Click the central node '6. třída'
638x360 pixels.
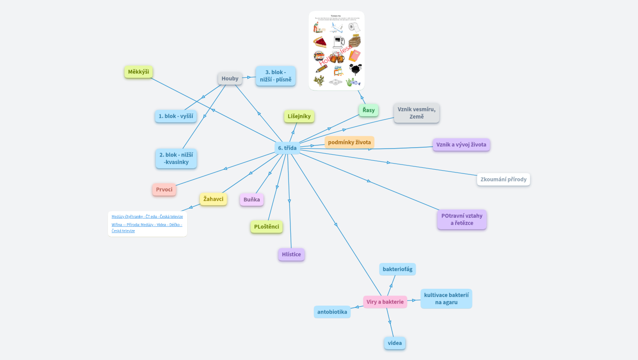[x=287, y=148]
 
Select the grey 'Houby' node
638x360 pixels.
[x=230, y=79]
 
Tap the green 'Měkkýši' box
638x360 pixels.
[x=138, y=72]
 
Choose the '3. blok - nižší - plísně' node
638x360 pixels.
[x=275, y=76]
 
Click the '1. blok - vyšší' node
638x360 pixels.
[x=176, y=116]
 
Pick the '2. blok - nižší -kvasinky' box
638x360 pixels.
[x=176, y=158]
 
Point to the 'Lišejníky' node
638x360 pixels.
[x=299, y=116]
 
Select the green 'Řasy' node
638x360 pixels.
[x=369, y=110]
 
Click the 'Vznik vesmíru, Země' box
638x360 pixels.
[x=416, y=113]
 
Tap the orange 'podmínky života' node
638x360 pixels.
[x=349, y=142]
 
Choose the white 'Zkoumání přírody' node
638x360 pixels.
[x=503, y=180]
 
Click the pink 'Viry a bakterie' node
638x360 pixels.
[x=385, y=302]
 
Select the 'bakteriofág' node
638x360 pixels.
[x=397, y=269]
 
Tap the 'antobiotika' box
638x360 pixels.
[x=332, y=312]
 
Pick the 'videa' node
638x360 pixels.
[x=395, y=343]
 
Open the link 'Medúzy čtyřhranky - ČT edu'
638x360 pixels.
[x=147, y=217]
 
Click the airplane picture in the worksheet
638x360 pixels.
[x=336, y=28]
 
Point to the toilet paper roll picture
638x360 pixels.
[x=354, y=27]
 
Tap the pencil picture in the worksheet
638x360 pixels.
[x=321, y=69]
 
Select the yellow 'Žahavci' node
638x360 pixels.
[x=213, y=199]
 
